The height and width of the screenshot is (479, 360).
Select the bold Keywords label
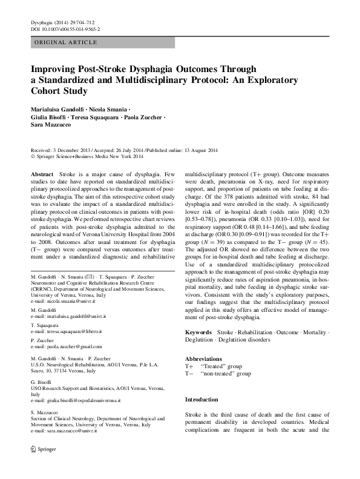(198, 333)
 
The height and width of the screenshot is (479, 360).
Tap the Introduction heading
(201, 400)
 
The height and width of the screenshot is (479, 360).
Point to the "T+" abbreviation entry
(189, 366)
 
